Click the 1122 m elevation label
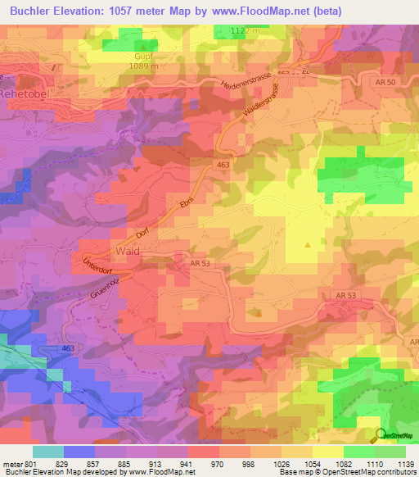pos(246,30)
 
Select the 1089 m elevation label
pos(142,66)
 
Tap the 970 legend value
pos(217,465)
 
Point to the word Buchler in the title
pos(35,11)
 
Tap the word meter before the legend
pos(13,465)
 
